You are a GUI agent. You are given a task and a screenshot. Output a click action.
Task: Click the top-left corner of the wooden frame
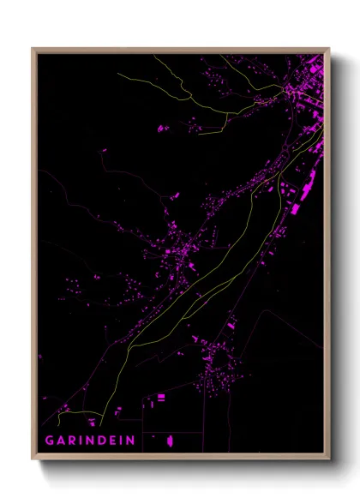(33, 48)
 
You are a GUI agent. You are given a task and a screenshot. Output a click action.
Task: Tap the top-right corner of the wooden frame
(329, 48)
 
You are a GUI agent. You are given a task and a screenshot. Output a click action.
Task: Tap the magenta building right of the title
(170, 441)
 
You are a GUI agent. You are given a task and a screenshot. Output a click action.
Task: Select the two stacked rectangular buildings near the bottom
(160, 398)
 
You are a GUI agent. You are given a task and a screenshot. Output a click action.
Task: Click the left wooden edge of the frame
(34, 257)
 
